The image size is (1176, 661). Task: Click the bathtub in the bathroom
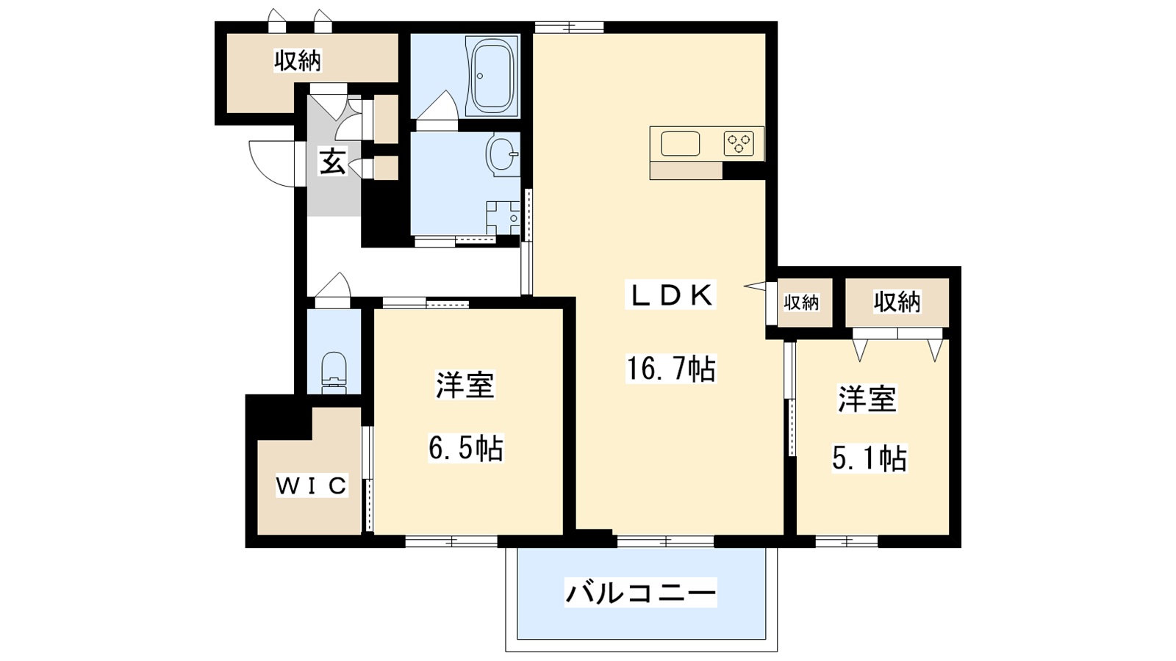point(492,75)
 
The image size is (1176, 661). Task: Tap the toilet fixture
point(334,369)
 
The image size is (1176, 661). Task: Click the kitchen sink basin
point(680,143)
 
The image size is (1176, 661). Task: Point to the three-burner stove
point(739,143)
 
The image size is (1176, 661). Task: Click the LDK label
point(670,295)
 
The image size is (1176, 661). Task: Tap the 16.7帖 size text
point(670,369)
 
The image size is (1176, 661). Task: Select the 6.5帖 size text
point(466,448)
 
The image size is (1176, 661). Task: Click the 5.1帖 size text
point(870,459)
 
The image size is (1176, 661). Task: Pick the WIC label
point(311,485)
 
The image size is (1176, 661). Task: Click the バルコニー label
point(640,592)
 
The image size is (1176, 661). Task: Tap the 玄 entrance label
point(333,162)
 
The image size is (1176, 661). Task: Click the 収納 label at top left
point(298,61)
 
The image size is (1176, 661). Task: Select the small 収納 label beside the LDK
point(800,302)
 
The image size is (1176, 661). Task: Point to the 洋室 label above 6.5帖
point(465,386)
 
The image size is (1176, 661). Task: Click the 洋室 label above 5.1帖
point(867,400)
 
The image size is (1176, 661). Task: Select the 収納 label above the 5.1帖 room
point(897,301)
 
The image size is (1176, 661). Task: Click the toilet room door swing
point(334,288)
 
